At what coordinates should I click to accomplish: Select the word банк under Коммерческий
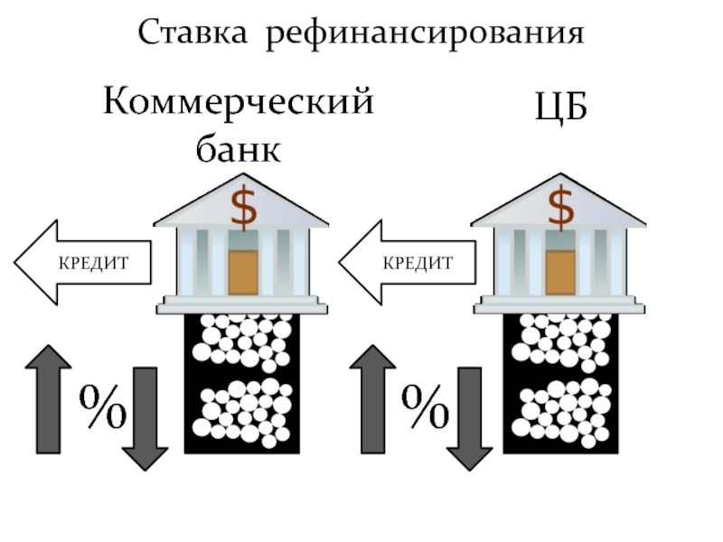pos(239,148)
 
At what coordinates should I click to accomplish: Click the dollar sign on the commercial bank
pos(242,206)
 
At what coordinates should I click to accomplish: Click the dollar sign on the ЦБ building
pos(561,206)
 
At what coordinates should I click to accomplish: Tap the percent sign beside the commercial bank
pos(102,408)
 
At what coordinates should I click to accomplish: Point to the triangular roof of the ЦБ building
pos(561,204)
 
